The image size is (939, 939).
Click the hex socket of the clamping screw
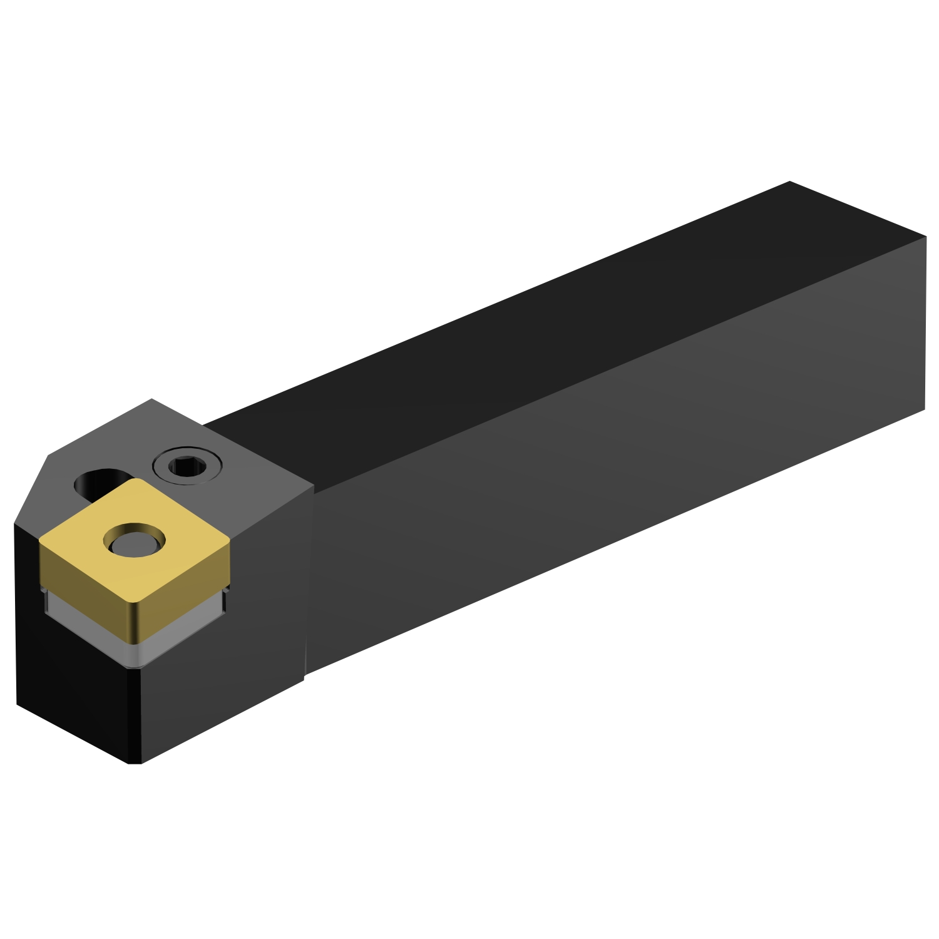[x=187, y=466]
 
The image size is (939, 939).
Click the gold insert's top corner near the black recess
[x=133, y=481]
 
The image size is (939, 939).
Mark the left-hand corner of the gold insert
[x=41, y=540]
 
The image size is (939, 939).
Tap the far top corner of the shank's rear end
[x=790, y=182]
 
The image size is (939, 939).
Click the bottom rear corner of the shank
[x=924, y=410]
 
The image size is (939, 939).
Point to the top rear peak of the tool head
[x=152, y=399]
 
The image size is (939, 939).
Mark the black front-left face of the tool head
[x=69, y=676]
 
